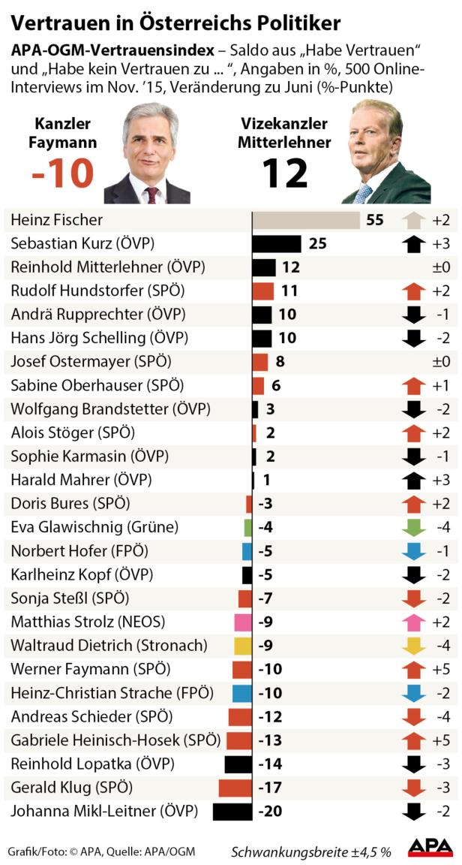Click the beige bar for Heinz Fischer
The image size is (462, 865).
coord(305,220)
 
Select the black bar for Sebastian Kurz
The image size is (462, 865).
coord(276,244)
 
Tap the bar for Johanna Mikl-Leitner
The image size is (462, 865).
coord(232,812)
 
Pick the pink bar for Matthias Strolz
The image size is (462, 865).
coord(242,622)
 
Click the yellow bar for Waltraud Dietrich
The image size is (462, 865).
coord(242,646)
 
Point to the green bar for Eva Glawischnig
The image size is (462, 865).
coord(247,527)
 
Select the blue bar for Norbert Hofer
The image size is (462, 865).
coord(247,551)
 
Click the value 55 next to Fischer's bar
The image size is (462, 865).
coord(375,220)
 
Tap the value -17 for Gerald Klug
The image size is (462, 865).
coord(270,788)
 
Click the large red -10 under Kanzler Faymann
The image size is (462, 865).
coord(63,173)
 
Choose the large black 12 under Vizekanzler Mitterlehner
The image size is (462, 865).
coord(285,173)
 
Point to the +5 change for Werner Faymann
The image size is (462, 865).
coord(441,669)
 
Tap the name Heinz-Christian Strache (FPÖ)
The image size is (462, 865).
coord(112,693)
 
